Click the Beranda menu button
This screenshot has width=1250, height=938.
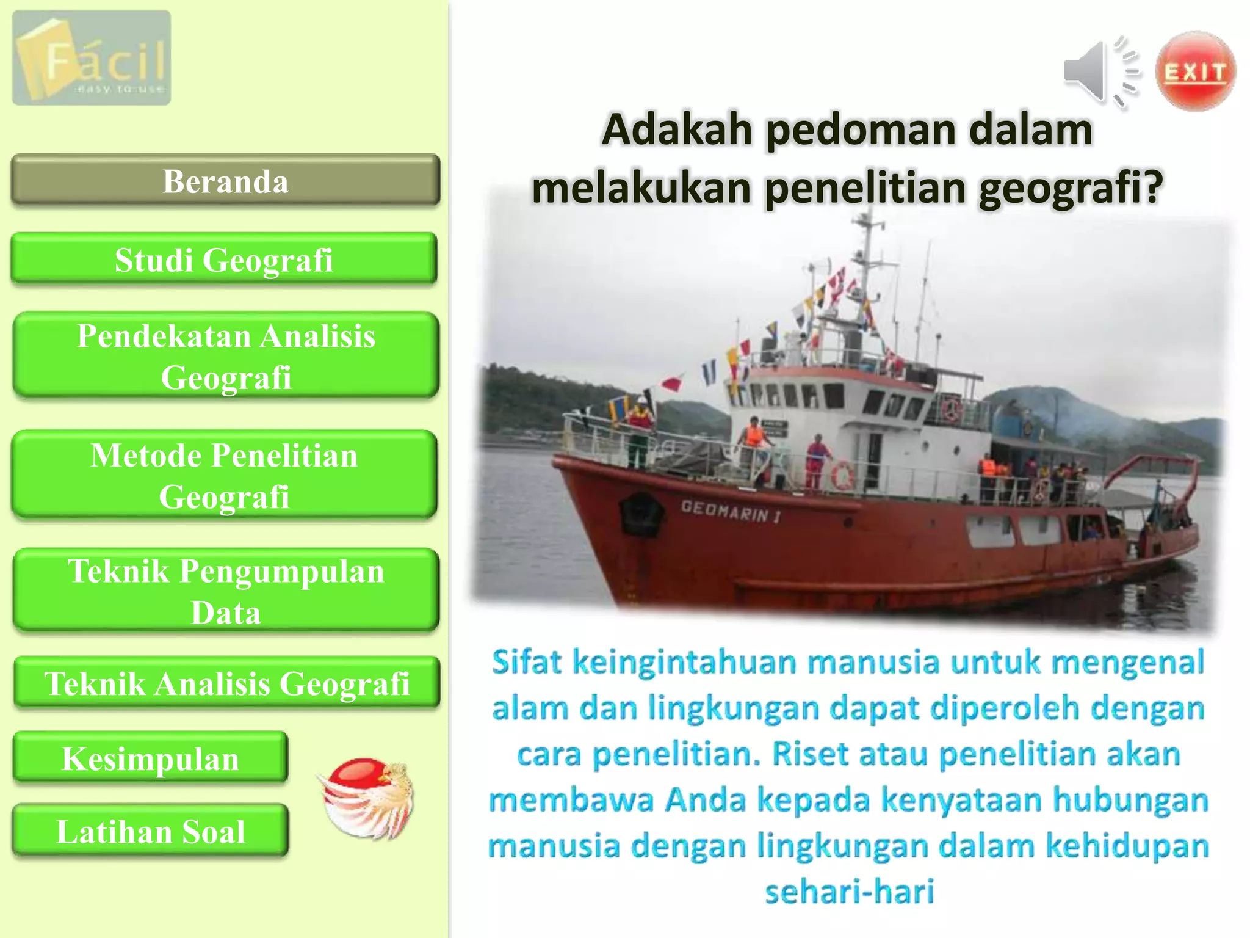pyautogui.click(x=225, y=180)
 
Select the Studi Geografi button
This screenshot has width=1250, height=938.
pyautogui.click(x=224, y=259)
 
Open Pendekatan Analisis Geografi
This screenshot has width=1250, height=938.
pyautogui.click(x=226, y=356)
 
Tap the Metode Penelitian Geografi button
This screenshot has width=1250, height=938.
pyautogui.click(x=224, y=475)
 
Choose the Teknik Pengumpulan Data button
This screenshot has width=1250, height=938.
pyautogui.click(x=226, y=591)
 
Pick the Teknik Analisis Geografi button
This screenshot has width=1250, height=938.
pyautogui.click(x=226, y=683)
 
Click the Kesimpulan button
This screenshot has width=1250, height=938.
pyautogui.click(x=150, y=758)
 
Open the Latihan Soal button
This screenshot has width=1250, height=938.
pyautogui.click(x=150, y=831)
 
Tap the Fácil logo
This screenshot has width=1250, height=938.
pyautogui.click(x=92, y=58)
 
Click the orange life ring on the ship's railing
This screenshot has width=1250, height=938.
pyautogui.click(x=843, y=475)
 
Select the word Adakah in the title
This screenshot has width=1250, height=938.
pyautogui.click(x=677, y=130)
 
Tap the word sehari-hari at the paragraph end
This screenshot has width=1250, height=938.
pyautogui.click(x=849, y=891)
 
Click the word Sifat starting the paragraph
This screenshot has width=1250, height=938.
pyautogui.click(x=526, y=663)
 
